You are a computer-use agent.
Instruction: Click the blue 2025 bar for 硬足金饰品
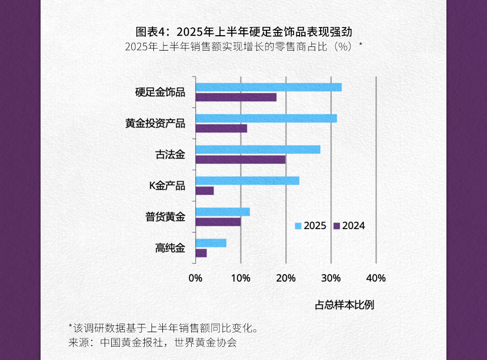[268, 87]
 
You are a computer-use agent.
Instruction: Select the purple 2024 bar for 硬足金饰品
[236, 97]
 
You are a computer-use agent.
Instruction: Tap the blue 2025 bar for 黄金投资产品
[266, 118]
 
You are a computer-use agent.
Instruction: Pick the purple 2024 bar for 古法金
[240, 159]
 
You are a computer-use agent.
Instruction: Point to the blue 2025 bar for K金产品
[247, 180]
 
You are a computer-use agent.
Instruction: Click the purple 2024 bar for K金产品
[205, 191]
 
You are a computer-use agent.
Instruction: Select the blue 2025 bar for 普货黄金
[222, 212]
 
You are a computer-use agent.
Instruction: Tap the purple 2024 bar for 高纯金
[201, 253]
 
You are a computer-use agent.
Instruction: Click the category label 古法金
[170, 155]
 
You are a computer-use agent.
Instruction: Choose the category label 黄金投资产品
[155, 124]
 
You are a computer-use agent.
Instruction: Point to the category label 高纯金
[170, 248]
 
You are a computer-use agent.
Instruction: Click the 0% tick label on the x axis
[195, 278]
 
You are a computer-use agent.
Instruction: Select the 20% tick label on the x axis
[285, 278]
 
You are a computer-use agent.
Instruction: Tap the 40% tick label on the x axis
[376, 278]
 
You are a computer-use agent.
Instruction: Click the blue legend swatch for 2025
[298, 226]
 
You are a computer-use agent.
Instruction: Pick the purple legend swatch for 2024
[336, 226]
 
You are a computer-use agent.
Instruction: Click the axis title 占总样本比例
[344, 305]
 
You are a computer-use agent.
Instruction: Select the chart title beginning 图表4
[243, 32]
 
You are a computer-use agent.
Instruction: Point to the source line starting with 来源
[152, 342]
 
